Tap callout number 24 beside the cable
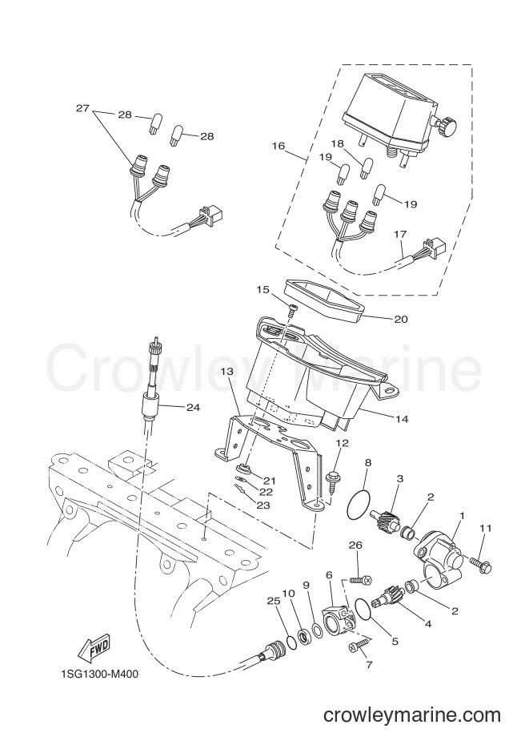193,408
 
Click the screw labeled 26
362,580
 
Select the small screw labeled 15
292,309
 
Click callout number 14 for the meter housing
402,419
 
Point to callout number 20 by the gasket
401,319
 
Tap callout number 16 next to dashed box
278,146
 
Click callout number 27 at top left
82,108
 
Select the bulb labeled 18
367,168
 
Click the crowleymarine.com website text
412,715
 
